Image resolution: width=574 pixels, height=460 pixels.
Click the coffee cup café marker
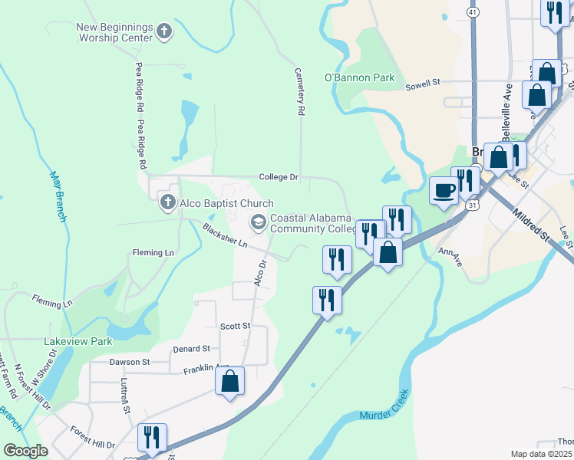[x=444, y=190]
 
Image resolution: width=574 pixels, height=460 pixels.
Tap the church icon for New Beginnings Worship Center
[x=163, y=31]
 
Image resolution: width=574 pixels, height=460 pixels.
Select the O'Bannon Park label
[x=359, y=77]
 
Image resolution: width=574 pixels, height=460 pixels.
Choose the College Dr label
[x=278, y=176]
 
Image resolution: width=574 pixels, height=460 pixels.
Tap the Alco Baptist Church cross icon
[x=168, y=203]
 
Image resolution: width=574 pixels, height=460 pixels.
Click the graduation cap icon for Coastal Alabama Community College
[x=259, y=222]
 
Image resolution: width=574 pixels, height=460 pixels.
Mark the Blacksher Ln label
[x=225, y=235]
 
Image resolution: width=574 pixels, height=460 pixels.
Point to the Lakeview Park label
[x=79, y=341]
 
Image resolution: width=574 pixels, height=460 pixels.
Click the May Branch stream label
[x=57, y=195]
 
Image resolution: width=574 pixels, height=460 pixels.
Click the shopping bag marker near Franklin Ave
[x=229, y=381]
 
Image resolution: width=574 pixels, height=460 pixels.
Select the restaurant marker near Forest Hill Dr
[x=151, y=438]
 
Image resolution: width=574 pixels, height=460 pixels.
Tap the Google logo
[x=25, y=451]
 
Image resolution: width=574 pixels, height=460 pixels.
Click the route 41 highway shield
[x=474, y=13]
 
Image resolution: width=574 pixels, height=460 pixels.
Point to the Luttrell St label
[x=124, y=395]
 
